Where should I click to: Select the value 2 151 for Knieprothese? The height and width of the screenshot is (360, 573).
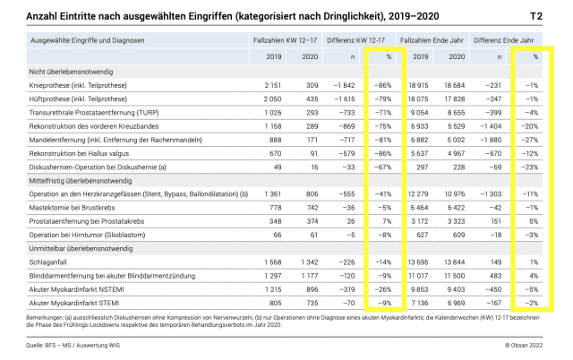pyautogui.click(x=253, y=82)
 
